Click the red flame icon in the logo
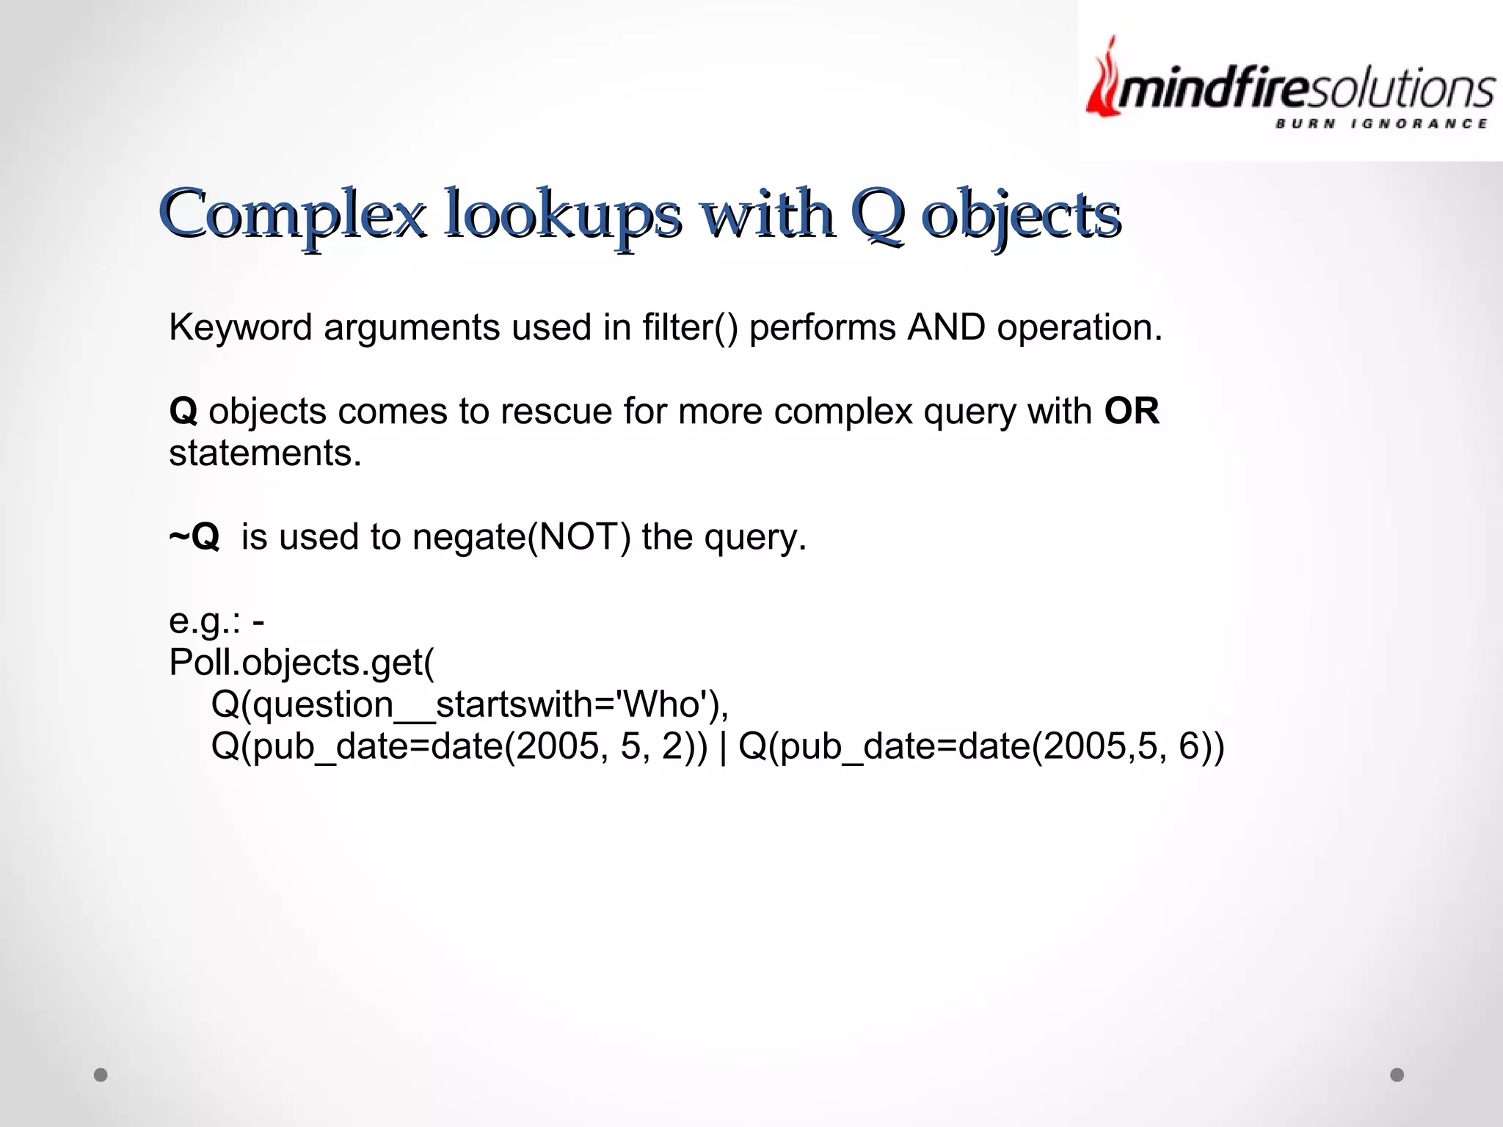(1104, 81)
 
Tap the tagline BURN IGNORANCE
(1381, 124)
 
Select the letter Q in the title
(877, 214)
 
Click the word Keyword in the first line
(241, 327)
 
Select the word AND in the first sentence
(946, 327)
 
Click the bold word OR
(1132, 411)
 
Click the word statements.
(265, 453)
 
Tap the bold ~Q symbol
(194, 537)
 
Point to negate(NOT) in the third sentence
(521, 537)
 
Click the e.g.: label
(205, 621)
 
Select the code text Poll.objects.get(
(302, 663)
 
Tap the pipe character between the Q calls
(724, 747)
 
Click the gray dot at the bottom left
(101, 1075)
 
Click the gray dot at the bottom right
(1397, 1075)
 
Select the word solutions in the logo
(1410, 90)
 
